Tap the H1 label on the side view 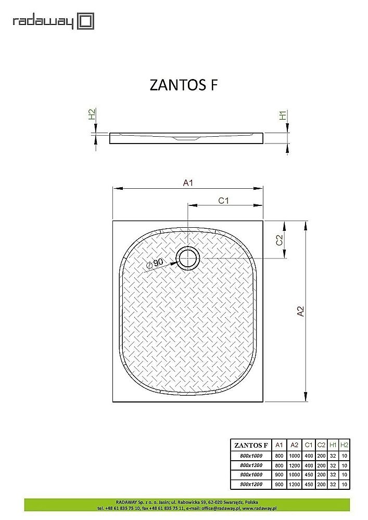click(x=284, y=115)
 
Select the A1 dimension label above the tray click(x=188, y=183)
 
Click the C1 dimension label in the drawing click(x=224, y=201)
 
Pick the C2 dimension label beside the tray click(x=280, y=240)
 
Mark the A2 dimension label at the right click(x=300, y=311)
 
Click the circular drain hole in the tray click(x=187, y=258)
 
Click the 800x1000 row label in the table click(x=251, y=455)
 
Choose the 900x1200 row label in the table click(x=251, y=485)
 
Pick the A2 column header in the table click(x=294, y=445)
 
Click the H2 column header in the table click(x=344, y=445)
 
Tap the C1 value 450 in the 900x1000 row click(x=309, y=475)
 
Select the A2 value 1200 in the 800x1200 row click(x=294, y=465)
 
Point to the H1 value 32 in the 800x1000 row click(x=333, y=455)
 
